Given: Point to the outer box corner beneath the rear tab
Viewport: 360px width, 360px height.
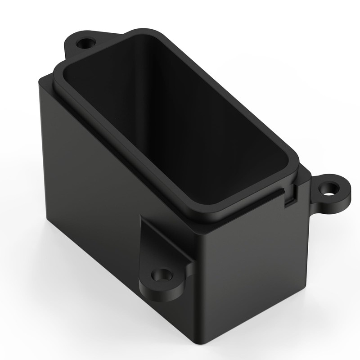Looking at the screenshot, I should (43, 81).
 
